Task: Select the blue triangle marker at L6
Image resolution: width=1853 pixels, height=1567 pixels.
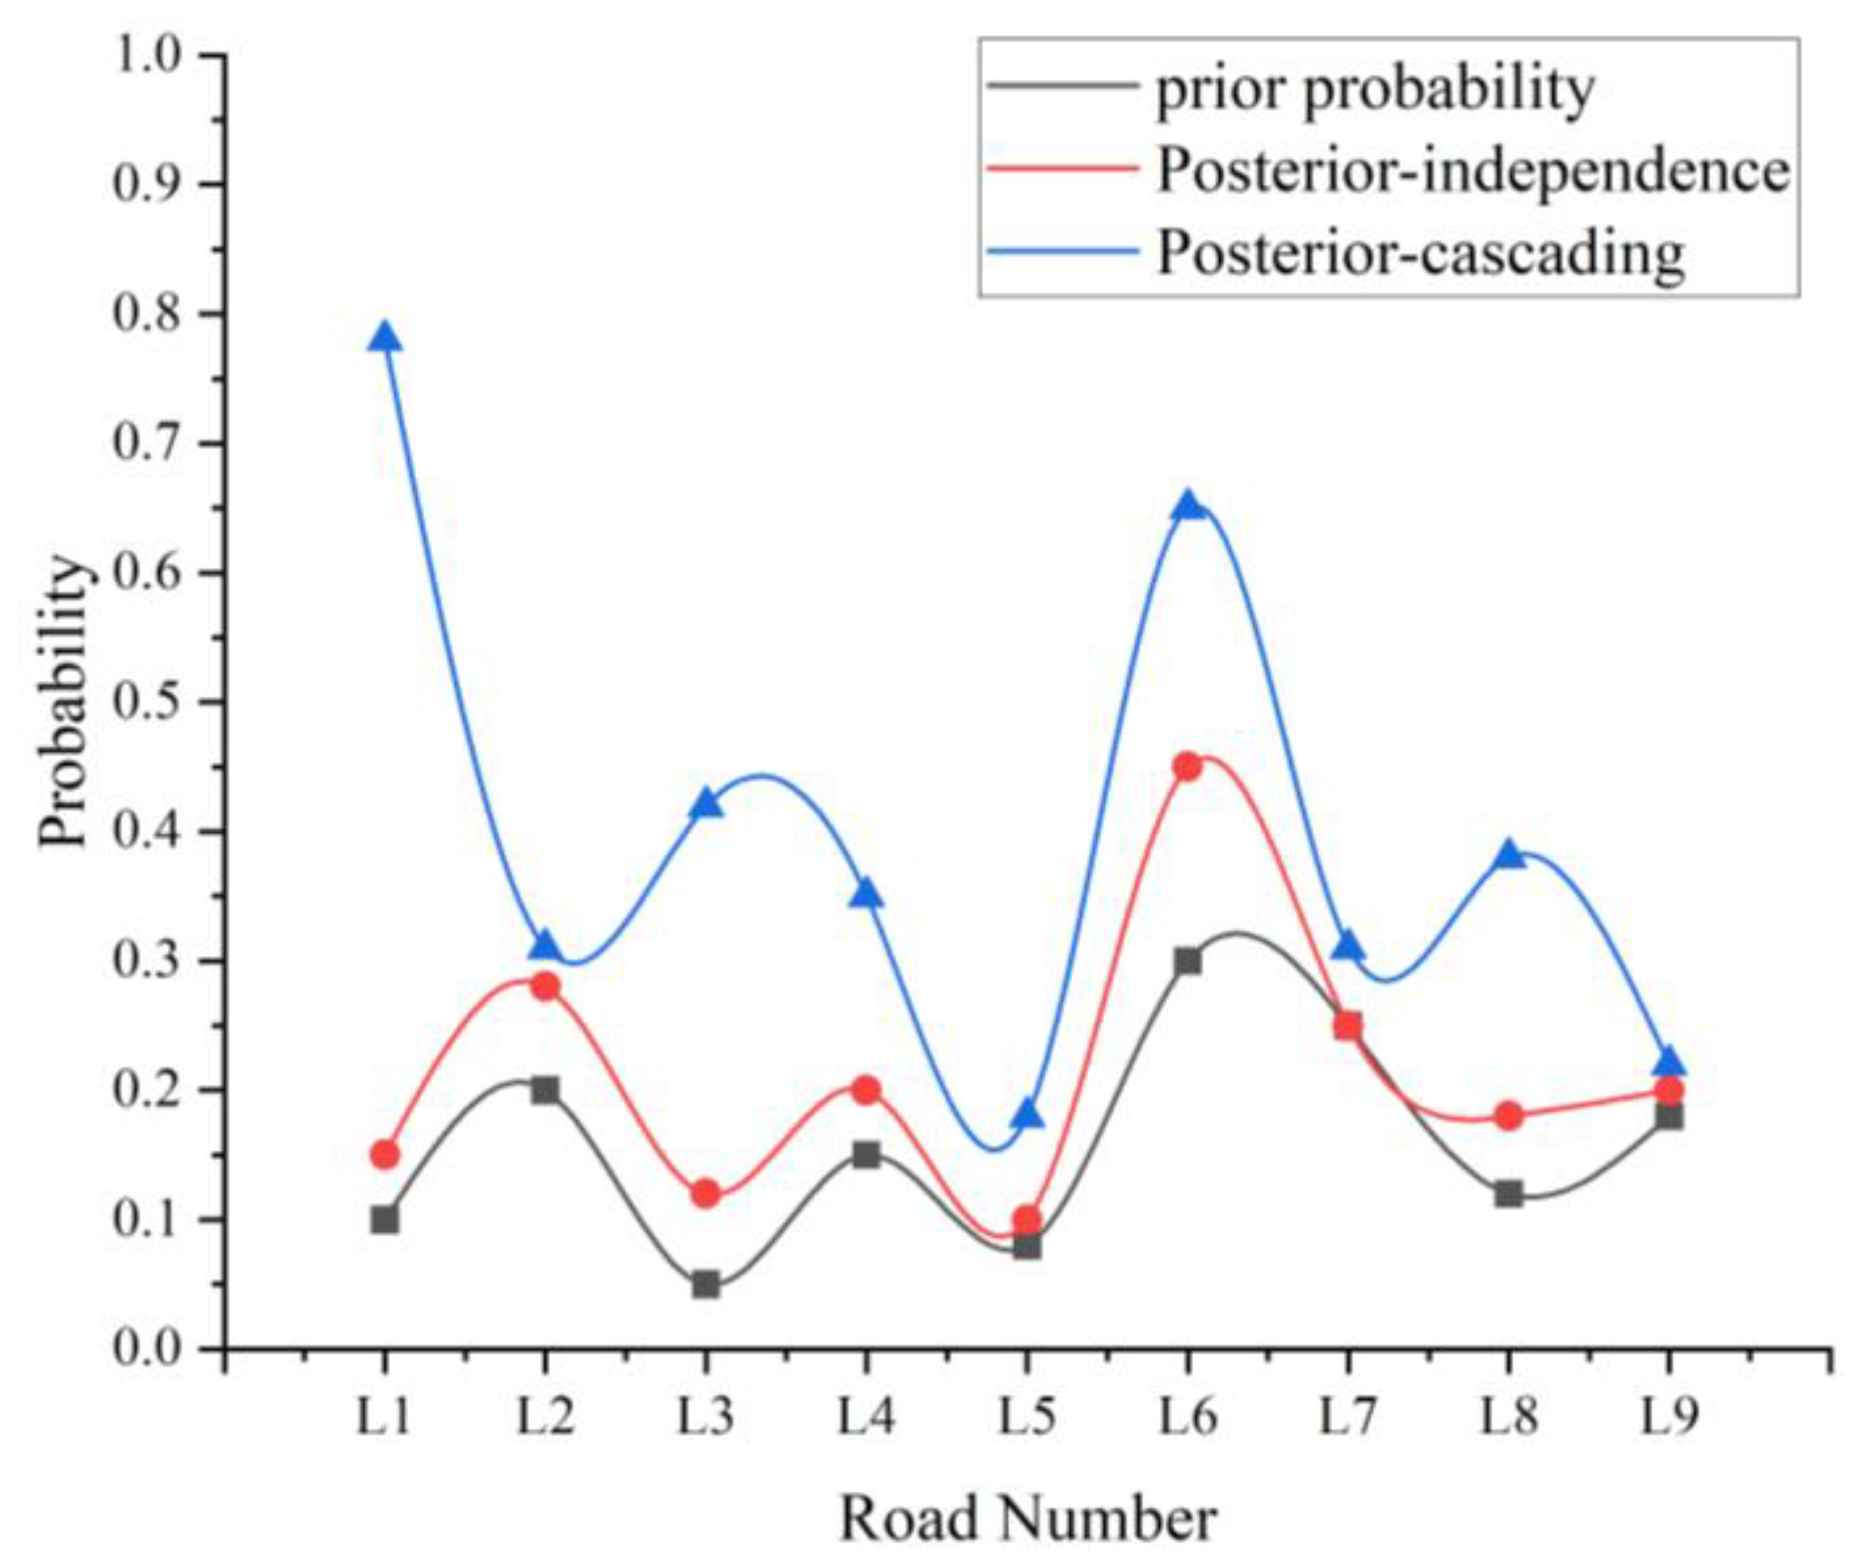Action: click(1188, 508)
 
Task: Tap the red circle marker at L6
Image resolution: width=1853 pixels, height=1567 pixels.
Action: click(1188, 766)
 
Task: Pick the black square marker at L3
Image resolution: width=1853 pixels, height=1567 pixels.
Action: click(706, 1286)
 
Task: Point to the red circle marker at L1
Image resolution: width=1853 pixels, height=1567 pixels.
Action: click(385, 1154)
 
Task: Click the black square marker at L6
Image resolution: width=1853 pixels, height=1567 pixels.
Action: click(1188, 961)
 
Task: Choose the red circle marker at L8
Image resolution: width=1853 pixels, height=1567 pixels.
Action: click(1509, 1116)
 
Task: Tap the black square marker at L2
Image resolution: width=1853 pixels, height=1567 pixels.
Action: click(545, 1089)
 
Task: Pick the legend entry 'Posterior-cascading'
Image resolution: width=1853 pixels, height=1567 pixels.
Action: click(1419, 253)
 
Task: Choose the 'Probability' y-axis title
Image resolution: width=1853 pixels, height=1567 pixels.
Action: click(64, 702)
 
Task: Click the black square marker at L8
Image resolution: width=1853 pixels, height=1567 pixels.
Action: click(1509, 1194)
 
